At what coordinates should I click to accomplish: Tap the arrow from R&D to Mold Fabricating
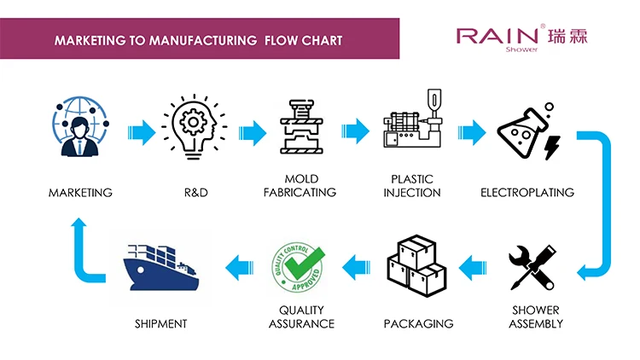(x=253, y=133)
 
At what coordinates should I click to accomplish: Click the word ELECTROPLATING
(x=527, y=193)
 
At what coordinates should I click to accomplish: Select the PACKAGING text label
(x=418, y=324)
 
